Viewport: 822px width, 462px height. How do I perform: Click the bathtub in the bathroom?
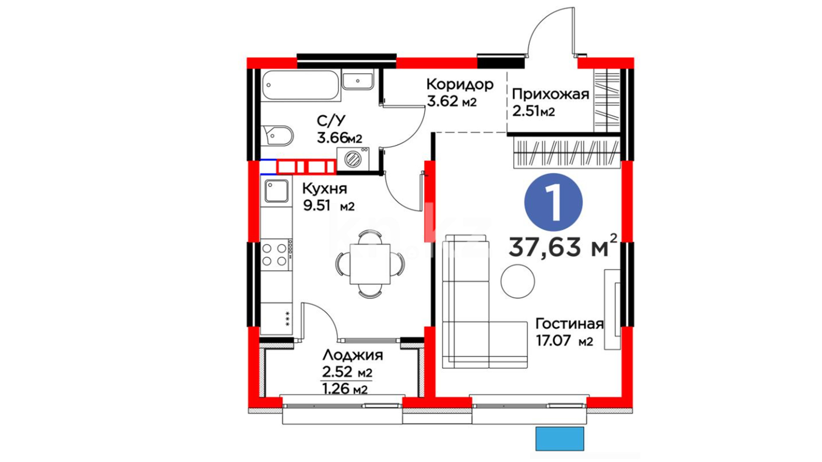[x=301, y=86]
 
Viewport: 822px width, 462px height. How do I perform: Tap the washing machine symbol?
[x=353, y=159]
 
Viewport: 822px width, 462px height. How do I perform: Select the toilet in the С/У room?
[x=277, y=136]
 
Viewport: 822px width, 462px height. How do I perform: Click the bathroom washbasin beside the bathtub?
[x=358, y=81]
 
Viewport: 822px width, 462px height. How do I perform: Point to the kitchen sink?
[x=277, y=191]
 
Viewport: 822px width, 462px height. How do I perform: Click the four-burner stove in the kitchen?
[x=277, y=255]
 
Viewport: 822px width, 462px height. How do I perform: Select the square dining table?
[x=370, y=264]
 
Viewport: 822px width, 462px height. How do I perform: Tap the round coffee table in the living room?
[x=518, y=281]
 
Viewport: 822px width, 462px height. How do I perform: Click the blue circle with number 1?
[x=554, y=203]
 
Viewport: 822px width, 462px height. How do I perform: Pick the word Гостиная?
[x=569, y=324]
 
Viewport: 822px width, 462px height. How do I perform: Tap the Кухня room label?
[x=325, y=189]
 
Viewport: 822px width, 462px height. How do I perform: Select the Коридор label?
[x=460, y=84]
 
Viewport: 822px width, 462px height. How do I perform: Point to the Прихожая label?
[x=551, y=94]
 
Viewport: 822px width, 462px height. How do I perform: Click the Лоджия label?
[x=353, y=355]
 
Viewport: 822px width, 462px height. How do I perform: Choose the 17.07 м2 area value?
[x=564, y=341]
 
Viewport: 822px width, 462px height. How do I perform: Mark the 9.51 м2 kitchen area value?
[x=329, y=206]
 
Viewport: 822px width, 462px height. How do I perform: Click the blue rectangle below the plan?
[x=560, y=438]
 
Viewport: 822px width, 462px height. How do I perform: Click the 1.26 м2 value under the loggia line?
[x=345, y=389]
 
